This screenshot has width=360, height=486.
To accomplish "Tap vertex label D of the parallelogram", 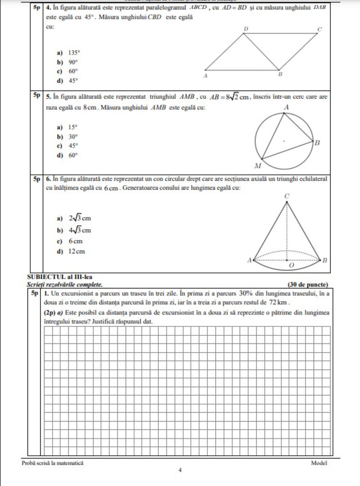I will [x=246, y=29].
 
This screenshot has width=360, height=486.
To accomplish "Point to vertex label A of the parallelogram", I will [x=206, y=76].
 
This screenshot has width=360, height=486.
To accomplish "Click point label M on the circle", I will [x=258, y=165].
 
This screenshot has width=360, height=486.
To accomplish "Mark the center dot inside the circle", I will [x=283, y=141].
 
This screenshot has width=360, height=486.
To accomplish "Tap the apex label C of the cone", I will [x=287, y=196].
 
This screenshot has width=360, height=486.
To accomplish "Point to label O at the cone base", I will [x=290, y=266].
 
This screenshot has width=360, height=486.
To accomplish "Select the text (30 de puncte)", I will [x=307, y=284].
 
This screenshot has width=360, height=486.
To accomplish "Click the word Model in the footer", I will [x=319, y=463].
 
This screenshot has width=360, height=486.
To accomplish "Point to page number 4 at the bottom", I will [x=180, y=470].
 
